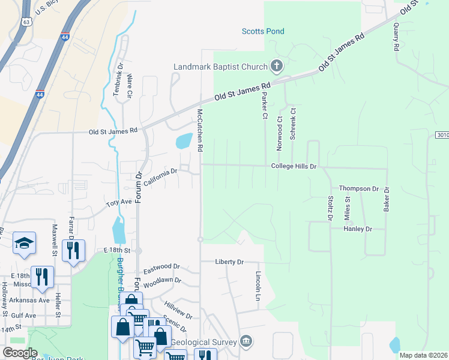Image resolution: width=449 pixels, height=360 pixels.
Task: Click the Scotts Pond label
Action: click(x=262, y=31)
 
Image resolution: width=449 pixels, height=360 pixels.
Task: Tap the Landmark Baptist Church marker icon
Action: click(x=276, y=65)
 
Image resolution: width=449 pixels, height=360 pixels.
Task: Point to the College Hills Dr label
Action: click(x=294, y=166)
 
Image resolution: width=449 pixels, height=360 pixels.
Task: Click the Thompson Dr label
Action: click(x=358, y=188)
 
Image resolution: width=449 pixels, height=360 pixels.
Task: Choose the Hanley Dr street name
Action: click(x=358, y=229)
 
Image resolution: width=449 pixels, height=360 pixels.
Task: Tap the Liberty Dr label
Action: click(x=230, y=262)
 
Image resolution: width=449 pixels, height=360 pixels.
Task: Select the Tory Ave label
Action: click(x=119, y=203)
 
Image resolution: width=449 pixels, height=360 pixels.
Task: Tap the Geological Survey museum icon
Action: click(x=246, y=341)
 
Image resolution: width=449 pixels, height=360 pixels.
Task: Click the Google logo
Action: click(x=20, y=353)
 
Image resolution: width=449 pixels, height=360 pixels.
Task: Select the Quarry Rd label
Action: click(x=396, y=37)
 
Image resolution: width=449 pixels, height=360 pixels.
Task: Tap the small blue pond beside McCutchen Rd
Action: click(x=184, y=141)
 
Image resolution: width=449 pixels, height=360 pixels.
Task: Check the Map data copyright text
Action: click(x=423, y=355)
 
